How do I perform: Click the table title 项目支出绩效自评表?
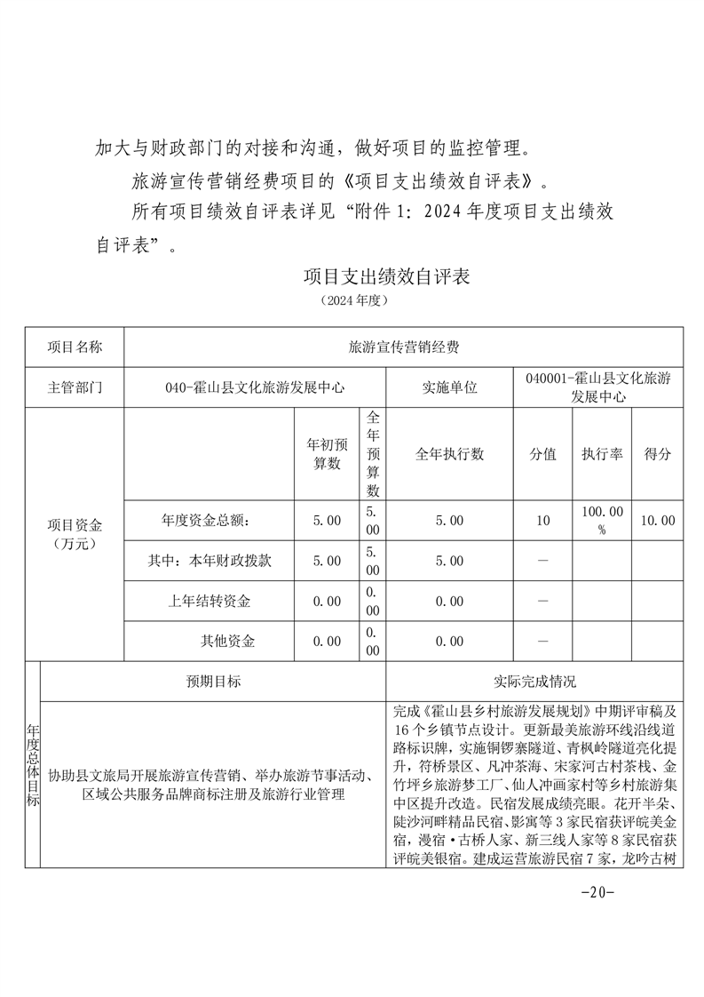[386, 276]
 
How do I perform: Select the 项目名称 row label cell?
[75, 347]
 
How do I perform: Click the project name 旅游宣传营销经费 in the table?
[404, 347]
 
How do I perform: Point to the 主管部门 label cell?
[75, 387]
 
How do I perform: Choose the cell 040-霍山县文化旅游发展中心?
[256, 387]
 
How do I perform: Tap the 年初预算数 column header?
[323, 453]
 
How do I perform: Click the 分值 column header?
[543, 453]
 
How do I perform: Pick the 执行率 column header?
[602, 453]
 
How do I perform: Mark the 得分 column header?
[657, 453]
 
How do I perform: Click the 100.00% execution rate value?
[602, 521]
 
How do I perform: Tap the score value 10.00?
[657, 521]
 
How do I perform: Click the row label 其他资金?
[228, 641]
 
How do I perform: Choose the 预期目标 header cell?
[213, 682]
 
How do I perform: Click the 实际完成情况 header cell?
[534, 682]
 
